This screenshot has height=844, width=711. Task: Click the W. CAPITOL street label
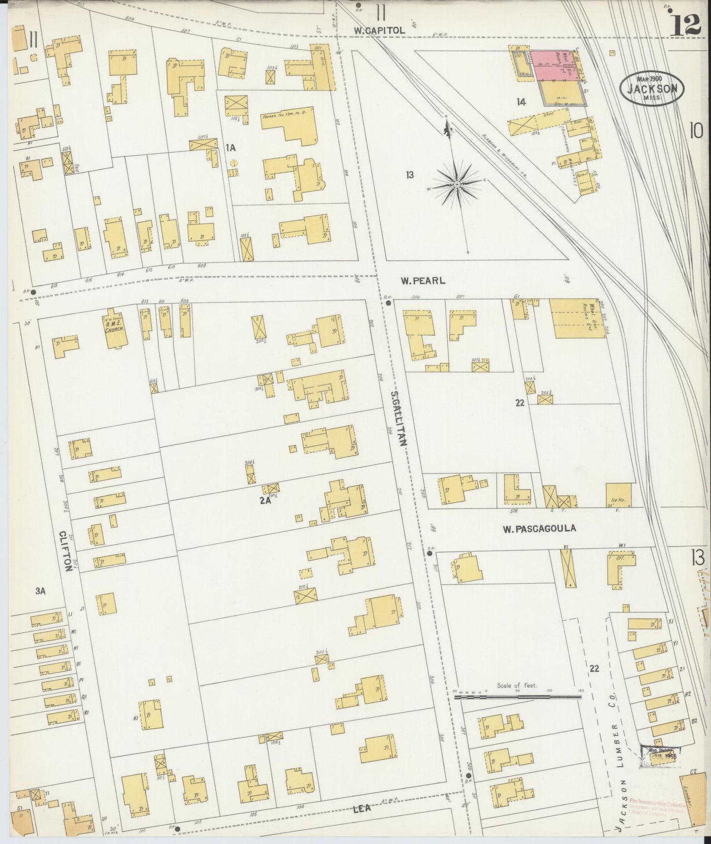pos(379,31)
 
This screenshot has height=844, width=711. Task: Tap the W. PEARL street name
pos(423,281)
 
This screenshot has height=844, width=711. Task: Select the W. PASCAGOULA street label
pos(539,529)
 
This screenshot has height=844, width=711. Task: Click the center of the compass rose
pos(457,184)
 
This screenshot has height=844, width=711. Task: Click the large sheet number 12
pos(685,25)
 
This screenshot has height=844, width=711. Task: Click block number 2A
pos(266,501)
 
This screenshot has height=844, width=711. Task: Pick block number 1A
pos(230,147)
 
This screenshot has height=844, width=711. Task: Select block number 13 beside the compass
pos(409,174)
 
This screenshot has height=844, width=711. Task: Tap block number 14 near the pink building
pos(521,102)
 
